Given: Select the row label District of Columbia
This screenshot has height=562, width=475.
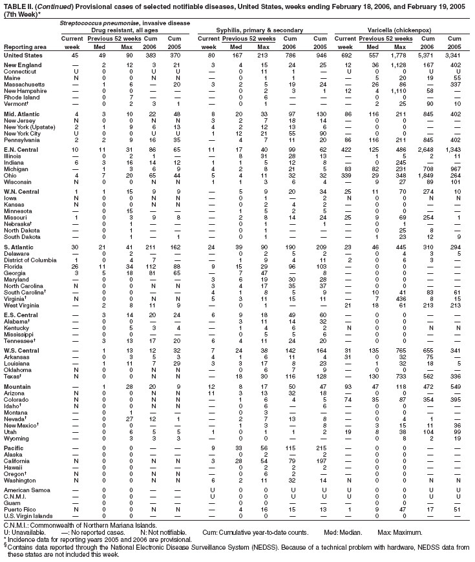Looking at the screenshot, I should [30, 278].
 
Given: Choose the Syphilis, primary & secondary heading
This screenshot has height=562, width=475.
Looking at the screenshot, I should [266, 30].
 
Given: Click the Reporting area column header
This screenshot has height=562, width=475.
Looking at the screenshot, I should [25, 47].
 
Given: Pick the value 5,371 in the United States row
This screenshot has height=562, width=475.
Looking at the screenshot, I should [429, 56].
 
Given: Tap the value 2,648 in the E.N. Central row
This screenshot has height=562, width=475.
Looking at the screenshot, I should [429, 114].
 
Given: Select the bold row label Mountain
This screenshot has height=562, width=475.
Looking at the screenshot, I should [18, 386].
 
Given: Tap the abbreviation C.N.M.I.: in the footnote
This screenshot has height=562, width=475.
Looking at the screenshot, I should [17, 525].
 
